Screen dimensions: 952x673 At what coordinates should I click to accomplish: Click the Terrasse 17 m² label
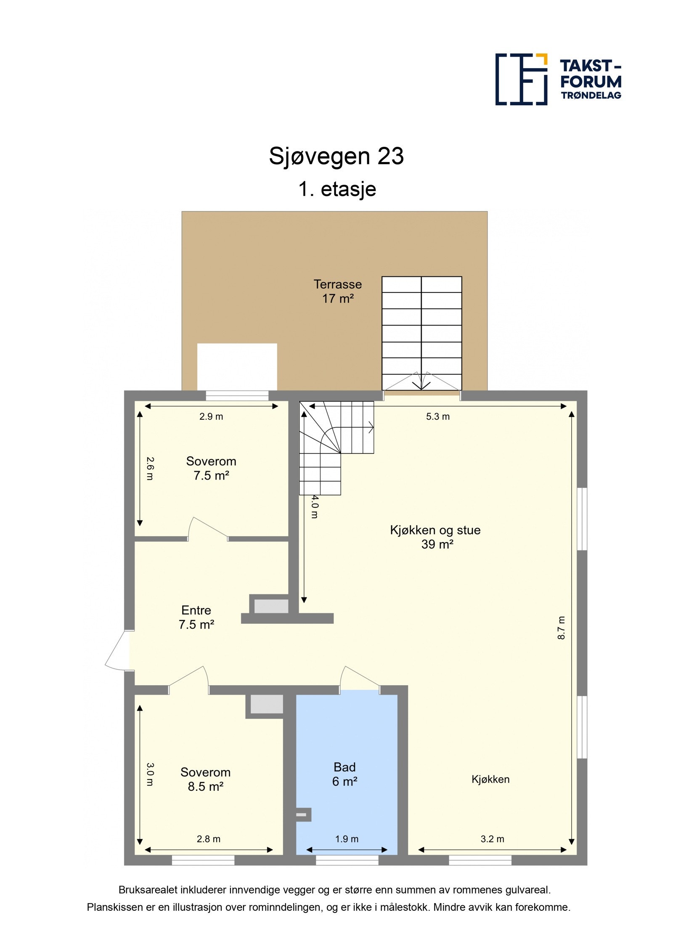(x=337, y=291)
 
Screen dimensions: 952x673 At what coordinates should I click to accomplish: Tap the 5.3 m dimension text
(x=437, y=416)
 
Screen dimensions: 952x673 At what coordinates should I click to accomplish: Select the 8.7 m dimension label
(x=561, y=628)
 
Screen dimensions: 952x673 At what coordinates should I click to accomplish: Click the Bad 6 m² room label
(x=344, y=774)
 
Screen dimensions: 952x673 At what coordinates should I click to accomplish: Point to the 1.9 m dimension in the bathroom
(x=347, y=839)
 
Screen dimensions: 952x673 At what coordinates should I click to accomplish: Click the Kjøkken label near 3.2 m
(x=490, y=779)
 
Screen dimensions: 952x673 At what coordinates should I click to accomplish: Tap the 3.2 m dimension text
(x=492, y=839)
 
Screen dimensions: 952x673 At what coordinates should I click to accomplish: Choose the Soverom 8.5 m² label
(x=205, y=779)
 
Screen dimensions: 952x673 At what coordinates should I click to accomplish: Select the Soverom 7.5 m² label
(x=211, y=468)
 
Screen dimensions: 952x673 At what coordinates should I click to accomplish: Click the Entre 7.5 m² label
(x=196, y=617)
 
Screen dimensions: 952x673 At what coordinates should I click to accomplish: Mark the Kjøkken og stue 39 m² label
(x=435, y=537)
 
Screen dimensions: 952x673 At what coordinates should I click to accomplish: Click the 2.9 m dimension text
(x=211, y=416)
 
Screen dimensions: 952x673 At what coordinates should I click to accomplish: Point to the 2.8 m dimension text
(x=209, y=839)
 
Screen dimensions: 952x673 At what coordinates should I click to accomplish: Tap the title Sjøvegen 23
(x=336, y=156)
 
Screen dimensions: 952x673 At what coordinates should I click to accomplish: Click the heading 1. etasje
(x=337, y=189)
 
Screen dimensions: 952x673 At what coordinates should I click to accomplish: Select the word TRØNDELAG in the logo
(x=591, y=95)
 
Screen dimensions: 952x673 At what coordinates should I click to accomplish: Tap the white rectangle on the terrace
(x=237, y=366)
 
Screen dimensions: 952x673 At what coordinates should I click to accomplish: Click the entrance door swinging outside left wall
(x=119, y=649)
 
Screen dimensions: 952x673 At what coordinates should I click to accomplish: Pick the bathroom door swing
(x=359, y=678)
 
